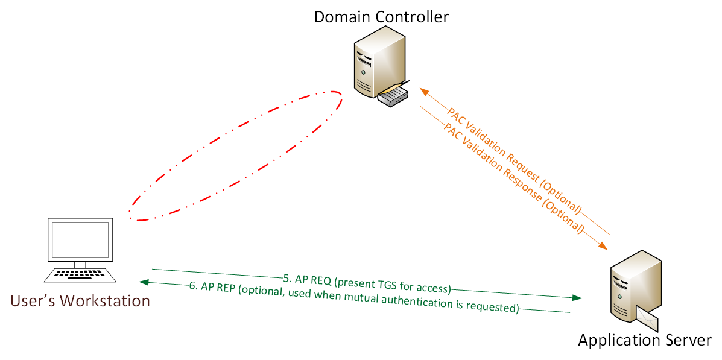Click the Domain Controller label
[381, 16]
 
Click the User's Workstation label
[80, 300]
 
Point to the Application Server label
[645, 340]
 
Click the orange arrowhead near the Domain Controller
[424, 92]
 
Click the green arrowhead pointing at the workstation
[143, 282]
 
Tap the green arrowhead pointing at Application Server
[577, 298]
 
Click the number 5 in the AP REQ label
[287, 279]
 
